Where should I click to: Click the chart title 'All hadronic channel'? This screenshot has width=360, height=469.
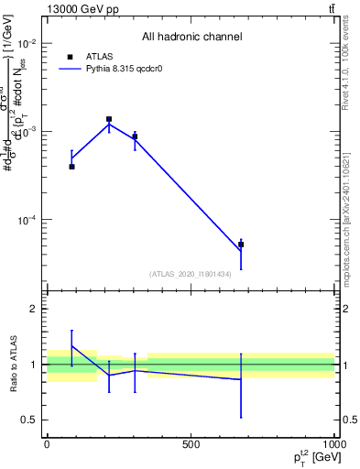click(x=191, y=38)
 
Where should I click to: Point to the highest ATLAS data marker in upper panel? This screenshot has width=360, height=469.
click(x=109, y=119)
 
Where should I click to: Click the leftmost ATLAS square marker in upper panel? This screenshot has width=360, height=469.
click(x=71, y=167)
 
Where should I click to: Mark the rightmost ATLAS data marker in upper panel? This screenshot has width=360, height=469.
click(x=241, y=245)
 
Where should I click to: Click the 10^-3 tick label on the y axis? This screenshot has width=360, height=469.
click(x=27, y=132)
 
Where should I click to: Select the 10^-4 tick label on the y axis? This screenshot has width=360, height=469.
click(x=27, y=220)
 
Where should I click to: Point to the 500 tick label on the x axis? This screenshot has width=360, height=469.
click(x=191, y=443)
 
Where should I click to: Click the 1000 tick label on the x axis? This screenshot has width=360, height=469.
click(x=334, y=443)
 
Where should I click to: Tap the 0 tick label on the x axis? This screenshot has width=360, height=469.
click(x=47, y=443)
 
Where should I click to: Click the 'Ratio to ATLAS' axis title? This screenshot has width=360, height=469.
click(x=14, y=364)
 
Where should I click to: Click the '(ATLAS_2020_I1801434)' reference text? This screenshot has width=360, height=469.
click(x=191, y=273)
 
